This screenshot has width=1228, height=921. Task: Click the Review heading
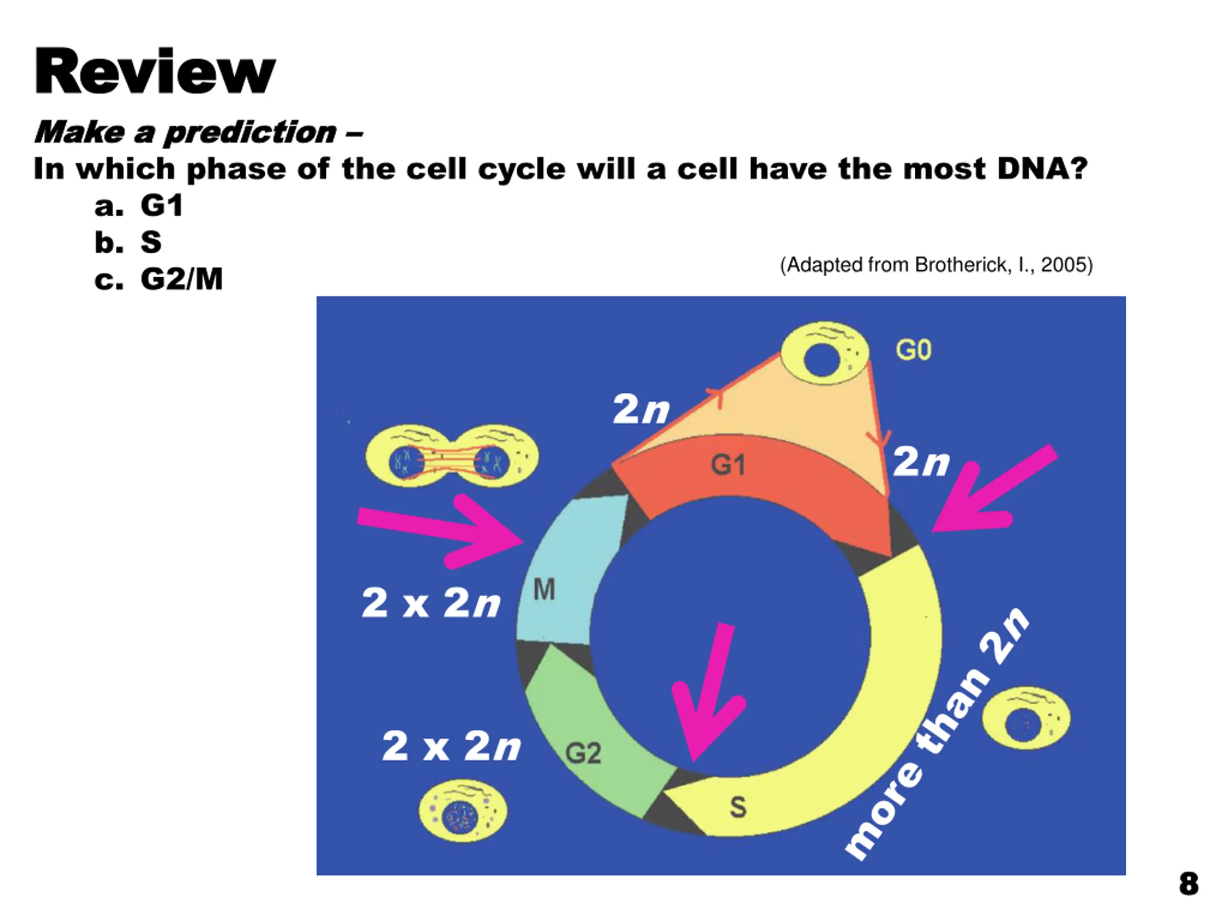pyautogui.click(x=154, y=71)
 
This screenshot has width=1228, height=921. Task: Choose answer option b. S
pyautogui.click(x=128, y=243)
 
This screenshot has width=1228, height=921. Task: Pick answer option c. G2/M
pyautogui.click(x=159, y=279)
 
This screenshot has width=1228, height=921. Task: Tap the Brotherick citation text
pyautogui.click(x=936, y=265)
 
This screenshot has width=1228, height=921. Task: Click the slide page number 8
pyautogui.click(x=1189, y=884)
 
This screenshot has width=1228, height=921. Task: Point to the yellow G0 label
pyautogui.click(x=913, y=350)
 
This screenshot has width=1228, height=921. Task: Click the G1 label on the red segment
pyautogui.click(x=728, y=464)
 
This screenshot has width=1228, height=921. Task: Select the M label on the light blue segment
pyautogui.click(x=544, y=589)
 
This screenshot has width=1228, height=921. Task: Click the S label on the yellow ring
pyautogui.click(x=738, y=807)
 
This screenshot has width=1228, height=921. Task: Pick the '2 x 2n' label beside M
pyautogui.click(x=431, y=603)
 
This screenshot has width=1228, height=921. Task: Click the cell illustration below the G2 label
pyautogui.click(x=462, y=811)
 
